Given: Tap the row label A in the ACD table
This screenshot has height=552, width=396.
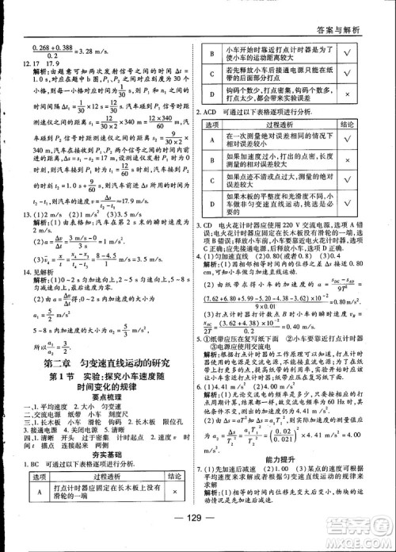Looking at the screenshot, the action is [x=211, y=143].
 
